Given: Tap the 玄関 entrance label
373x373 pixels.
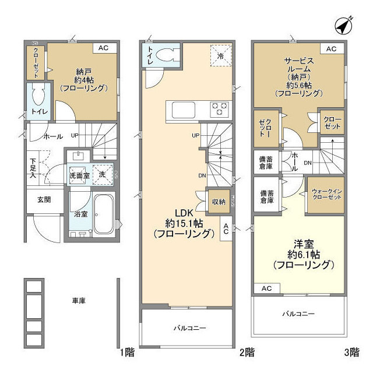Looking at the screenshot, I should (x=44, y=199).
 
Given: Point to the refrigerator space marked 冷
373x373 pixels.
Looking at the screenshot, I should (x=221, y=56).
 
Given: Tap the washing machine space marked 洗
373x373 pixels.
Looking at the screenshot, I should (x=103, y=174).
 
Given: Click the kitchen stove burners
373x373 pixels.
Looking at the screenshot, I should (x=220, y=108).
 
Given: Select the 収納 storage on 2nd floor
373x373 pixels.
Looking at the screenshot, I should (x=219, y=202).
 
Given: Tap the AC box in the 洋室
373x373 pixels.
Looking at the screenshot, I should (x=266, y=288).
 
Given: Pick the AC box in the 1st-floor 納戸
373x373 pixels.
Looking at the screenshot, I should (x=103, y=48).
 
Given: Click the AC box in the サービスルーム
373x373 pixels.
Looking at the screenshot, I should (x=331, y=49).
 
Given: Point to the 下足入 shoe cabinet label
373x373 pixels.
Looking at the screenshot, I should (x=34, y=167).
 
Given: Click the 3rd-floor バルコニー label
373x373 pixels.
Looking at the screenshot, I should (x=298, y=314).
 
